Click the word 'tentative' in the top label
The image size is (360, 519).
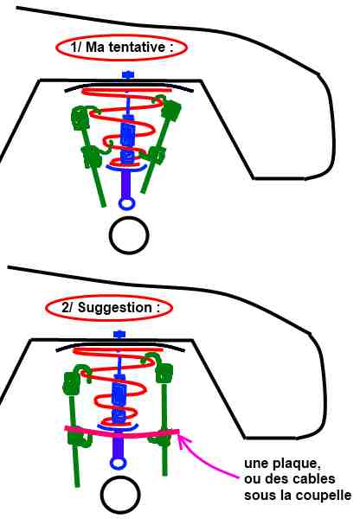tap(137, 47)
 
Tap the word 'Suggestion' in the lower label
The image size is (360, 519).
tap(114, 308)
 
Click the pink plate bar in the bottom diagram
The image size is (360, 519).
tap(121, 434)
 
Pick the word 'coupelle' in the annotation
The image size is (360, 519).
tap(324, 495)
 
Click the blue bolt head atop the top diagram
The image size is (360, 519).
tap(127, 74)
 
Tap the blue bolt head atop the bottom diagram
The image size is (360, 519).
tap(119, 334)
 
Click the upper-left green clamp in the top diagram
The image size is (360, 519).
tap(80, 119)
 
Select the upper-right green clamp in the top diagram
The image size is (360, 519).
tap(170, 109)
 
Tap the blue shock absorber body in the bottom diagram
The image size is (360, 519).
tap(119, 398)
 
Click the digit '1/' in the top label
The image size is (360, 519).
tap(76, 47)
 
